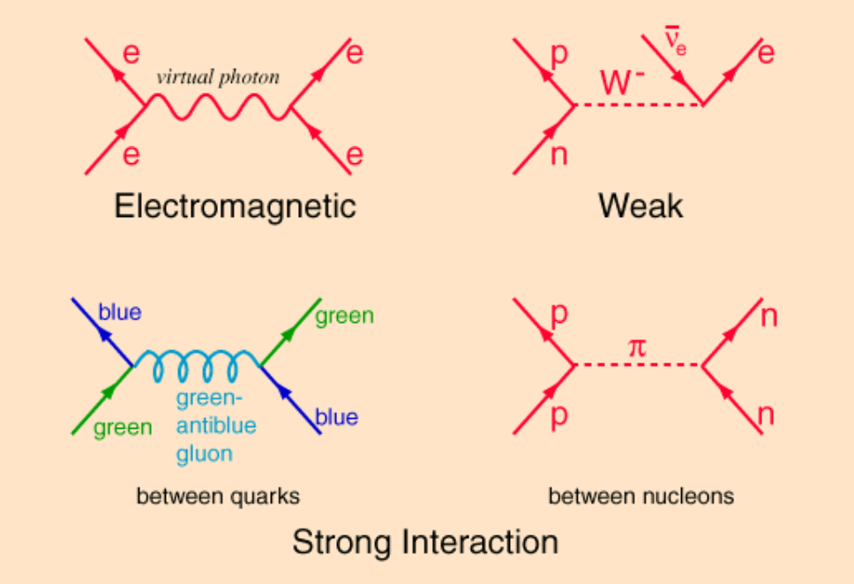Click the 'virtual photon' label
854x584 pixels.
(x=217, y=77)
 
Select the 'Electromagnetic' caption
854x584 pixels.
(x=235, y=206)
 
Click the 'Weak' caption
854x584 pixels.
(x=640, y=206)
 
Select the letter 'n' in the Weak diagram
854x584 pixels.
(x=559, y=155)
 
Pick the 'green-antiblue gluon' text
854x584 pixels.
(x=216, y=426)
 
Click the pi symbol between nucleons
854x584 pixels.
(x=636, y=348)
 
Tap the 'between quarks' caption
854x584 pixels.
(x=218, y=497)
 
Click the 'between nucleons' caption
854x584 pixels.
(x=640, y=497)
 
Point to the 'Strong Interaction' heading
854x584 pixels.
(x=425, y=542)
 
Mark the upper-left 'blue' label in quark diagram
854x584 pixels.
(x=120, y=312)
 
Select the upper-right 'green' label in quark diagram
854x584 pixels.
(x=344, y=315)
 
